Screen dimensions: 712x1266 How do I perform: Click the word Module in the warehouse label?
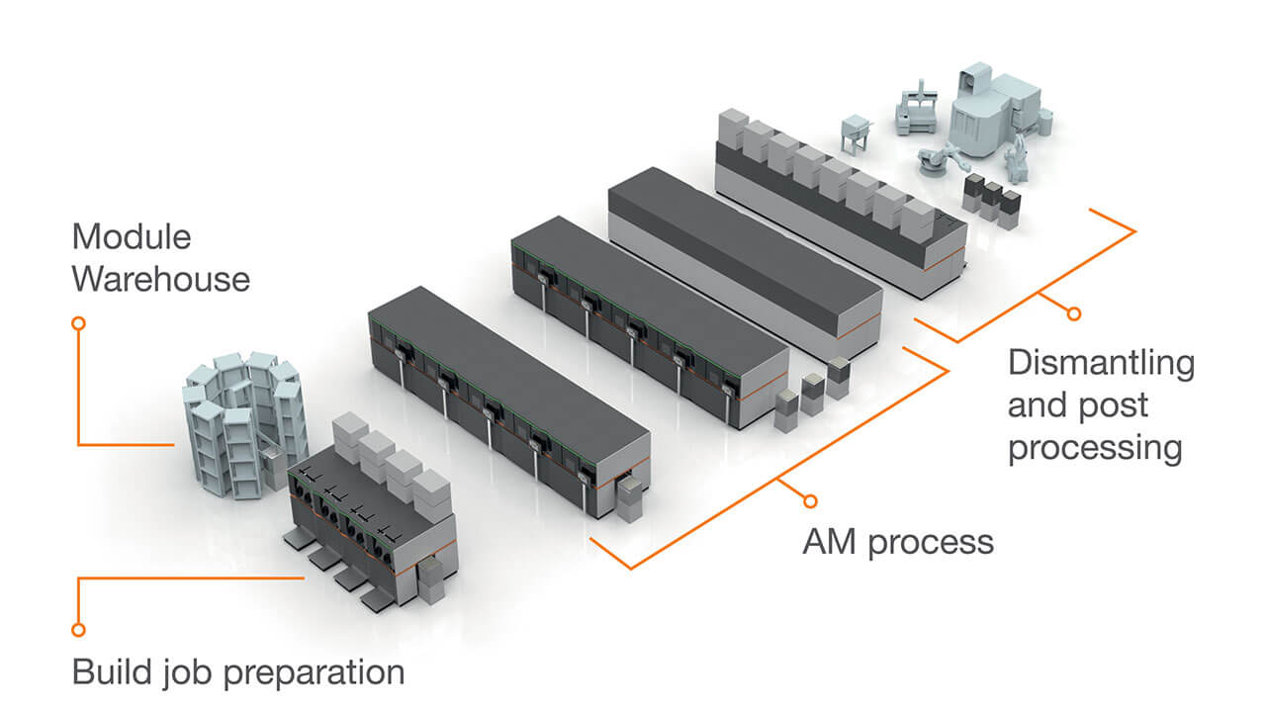(131, 237)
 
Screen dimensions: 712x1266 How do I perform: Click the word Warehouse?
(160, 279)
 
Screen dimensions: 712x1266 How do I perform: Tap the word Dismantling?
(1101, 363)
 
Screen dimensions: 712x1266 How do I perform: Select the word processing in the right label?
(1095, 448)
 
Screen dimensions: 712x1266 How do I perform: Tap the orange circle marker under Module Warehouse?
(79, 323)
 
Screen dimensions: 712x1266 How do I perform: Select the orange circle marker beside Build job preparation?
(79, 629)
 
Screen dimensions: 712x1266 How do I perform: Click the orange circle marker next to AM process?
(811, 500)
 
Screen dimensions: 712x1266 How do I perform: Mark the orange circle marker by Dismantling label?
(1074, 313)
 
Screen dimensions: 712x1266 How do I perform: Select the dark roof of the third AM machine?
(742, 237)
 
